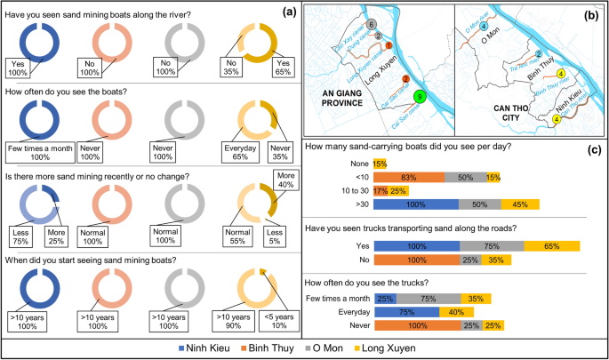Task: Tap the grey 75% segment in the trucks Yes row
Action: [x=492, y=245]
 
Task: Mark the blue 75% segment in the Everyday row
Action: [x=406, y=312]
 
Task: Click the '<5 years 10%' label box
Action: [x=276, y=300]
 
